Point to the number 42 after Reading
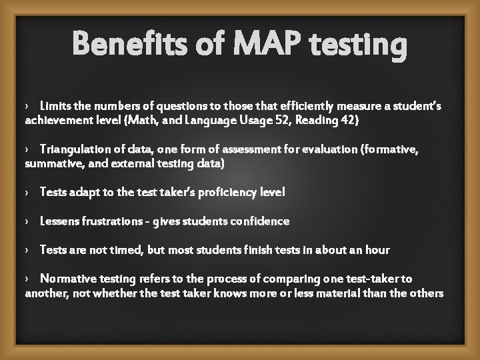(332, 120)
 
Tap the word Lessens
(59, 221)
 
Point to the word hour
(377, 249)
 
